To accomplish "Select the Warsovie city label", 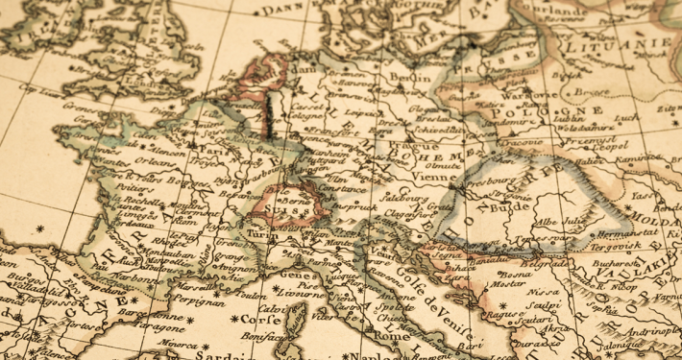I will pos(528,96).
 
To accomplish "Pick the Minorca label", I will pos(180,342).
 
